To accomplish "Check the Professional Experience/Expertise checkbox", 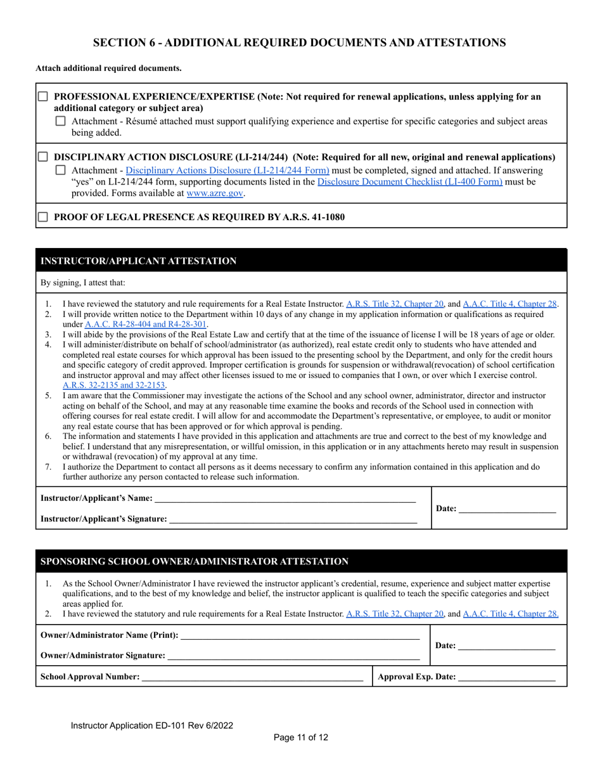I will (43, 97).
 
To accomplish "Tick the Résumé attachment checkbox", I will (61, 121).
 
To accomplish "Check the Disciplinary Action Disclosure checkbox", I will (43, 157).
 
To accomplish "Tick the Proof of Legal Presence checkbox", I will (43, 217).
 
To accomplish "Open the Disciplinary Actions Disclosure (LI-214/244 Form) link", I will (227, 170).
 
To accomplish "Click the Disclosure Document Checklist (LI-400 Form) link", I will (410, 181).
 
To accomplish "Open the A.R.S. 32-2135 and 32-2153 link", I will (113, 385).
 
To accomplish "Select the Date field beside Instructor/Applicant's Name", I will (506, 508).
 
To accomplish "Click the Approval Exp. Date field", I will (506, 677).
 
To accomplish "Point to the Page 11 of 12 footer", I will (301, 737).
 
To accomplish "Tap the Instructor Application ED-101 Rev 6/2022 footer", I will (155, 725).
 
